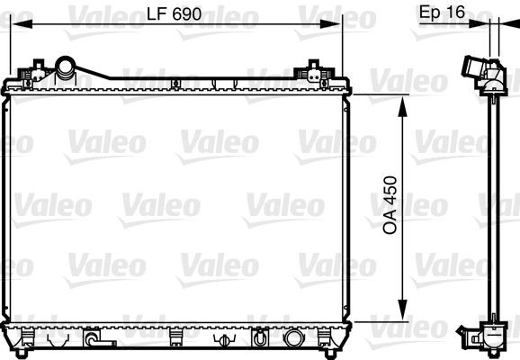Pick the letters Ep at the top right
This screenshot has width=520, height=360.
point(431,12)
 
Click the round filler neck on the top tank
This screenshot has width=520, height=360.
point(65,67)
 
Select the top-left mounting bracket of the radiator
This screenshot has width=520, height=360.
point(37,68)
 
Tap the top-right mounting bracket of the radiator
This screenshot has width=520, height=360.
point(314,68)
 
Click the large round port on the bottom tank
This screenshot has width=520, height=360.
point(292,339)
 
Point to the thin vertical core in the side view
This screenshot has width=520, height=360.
point(492,207)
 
